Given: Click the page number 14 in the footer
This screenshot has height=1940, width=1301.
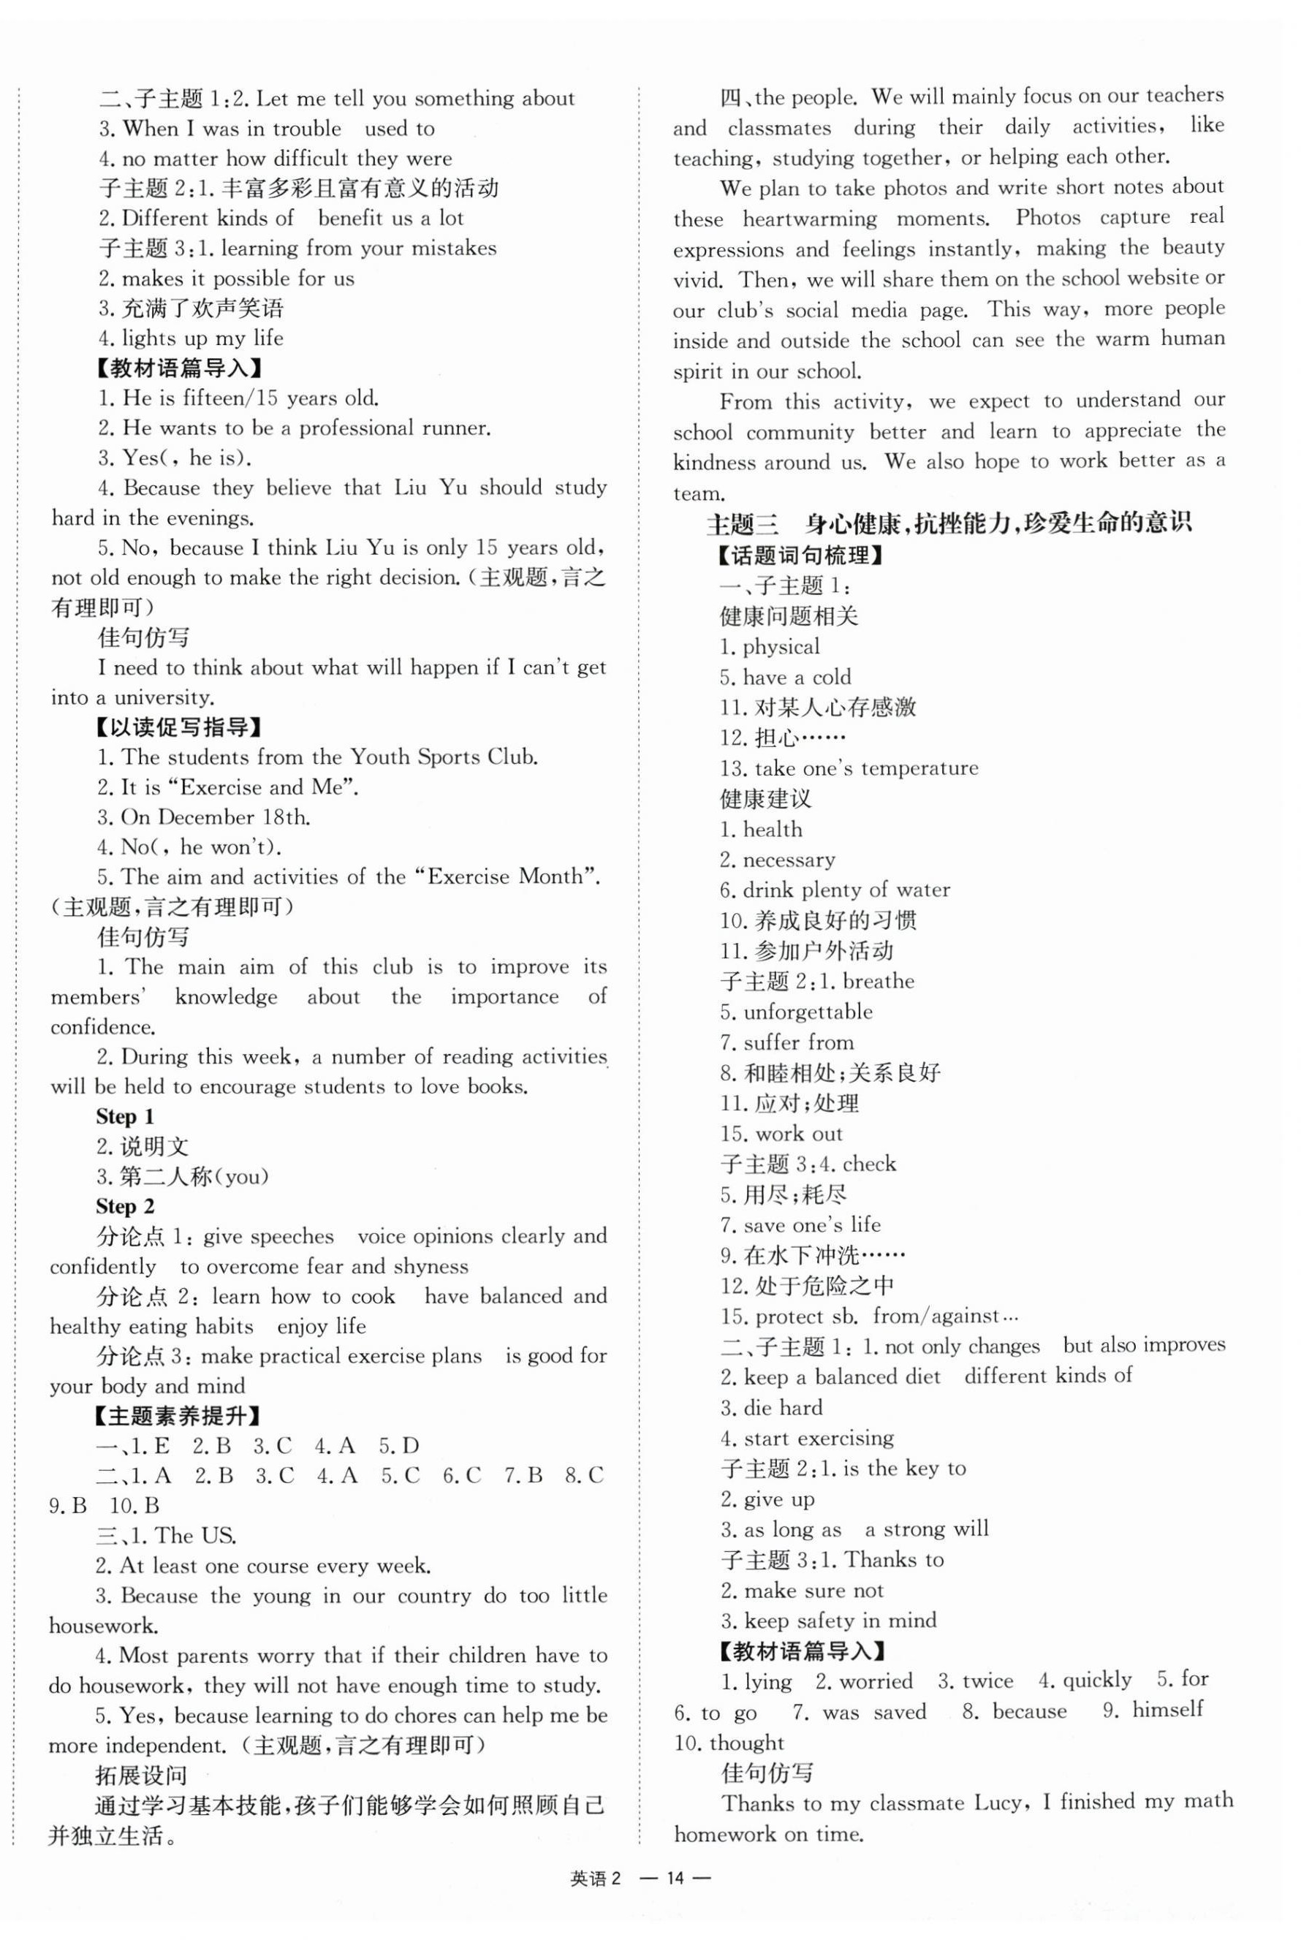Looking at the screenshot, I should (677, 1879).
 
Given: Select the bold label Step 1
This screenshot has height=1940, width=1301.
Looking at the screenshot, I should (124, 1116).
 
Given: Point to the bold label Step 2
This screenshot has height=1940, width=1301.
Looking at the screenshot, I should (124, 1205).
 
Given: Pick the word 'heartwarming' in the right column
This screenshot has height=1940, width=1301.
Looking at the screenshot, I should (809, 219).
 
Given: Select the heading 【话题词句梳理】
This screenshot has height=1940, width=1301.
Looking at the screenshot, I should (800, 555).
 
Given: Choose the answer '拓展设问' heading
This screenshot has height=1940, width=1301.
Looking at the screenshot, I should (141, 1776).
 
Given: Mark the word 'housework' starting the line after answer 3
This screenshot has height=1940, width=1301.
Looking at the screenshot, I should (102, 1626).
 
